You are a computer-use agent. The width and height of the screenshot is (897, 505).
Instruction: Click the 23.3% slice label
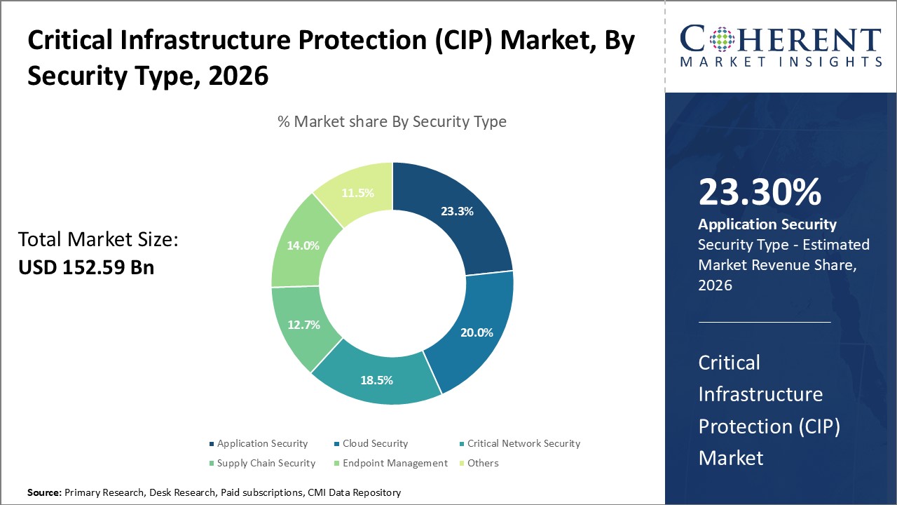[457, 210]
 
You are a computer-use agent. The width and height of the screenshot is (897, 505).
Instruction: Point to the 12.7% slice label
[303, 325]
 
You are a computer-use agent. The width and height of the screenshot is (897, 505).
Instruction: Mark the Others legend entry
[483, 463]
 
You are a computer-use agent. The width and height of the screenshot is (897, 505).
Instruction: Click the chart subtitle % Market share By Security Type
[392, 121]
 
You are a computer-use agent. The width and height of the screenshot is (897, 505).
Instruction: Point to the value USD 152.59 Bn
[86, 267]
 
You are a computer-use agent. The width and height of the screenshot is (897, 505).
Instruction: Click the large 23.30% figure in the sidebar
[759, 192]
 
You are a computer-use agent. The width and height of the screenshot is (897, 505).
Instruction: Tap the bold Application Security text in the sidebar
[767, 224]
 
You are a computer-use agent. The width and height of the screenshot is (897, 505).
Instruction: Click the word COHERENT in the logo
[780, 40]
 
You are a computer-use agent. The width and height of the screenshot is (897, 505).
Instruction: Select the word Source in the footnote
[44, 492]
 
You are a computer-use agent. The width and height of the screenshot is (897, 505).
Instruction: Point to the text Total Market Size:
[98, 240]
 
